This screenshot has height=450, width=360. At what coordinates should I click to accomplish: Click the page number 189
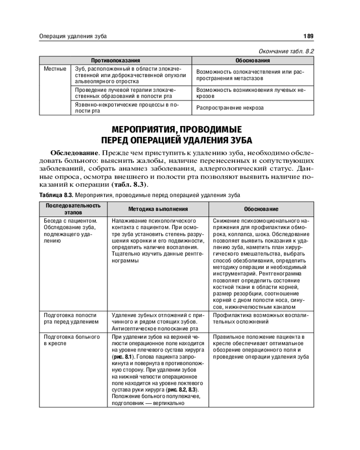click(308, 36)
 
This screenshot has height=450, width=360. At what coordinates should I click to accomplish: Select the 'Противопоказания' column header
click(116, 60)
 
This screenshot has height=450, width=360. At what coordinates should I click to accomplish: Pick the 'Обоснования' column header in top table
click(253, 60)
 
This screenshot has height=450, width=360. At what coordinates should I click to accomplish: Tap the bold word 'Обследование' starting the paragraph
click(74, 152)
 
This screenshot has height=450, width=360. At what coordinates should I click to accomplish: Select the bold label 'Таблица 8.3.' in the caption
click(56, 195)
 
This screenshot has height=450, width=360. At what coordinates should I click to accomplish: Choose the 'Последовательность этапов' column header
click(72, 209)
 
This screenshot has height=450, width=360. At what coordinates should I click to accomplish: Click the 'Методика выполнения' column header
click(158, 209)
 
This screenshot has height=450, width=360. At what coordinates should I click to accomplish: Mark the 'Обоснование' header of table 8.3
click(261, 209)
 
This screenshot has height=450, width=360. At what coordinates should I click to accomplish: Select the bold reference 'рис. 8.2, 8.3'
click(182, 389)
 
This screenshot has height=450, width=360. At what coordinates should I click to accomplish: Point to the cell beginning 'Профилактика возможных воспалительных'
click(260, 319)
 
